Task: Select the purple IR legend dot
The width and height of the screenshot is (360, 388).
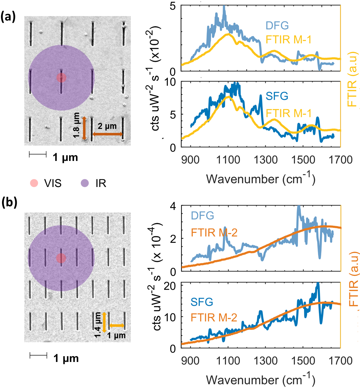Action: [85, 183]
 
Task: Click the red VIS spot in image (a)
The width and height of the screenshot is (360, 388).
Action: [61, 78]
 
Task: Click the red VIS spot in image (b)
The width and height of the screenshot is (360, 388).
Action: [61, 258]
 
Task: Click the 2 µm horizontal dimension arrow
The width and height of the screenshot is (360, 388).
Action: [107, 134]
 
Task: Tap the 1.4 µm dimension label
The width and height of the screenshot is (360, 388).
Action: [97, 325]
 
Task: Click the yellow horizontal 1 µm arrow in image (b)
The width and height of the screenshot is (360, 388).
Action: [117, 326]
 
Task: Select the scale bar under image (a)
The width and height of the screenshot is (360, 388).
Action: [37, 154]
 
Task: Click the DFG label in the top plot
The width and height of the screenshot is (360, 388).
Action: [277, 25]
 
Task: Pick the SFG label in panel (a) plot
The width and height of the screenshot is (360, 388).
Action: [277, 96]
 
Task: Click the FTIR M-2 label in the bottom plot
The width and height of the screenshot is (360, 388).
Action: [214, 317]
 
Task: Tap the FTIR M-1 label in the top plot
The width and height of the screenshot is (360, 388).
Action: [289, 40]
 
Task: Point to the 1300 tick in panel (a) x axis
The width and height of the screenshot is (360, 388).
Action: [265, 160]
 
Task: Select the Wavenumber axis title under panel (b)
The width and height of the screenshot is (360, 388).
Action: [260, 380]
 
